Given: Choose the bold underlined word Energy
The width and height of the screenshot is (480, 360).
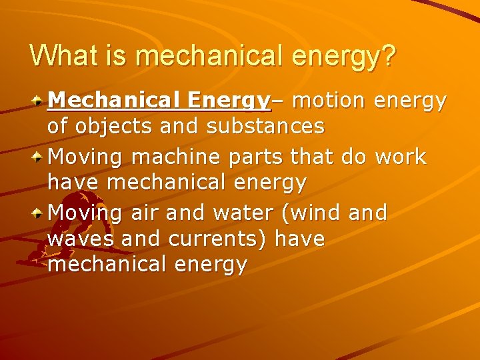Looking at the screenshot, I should [228, 101].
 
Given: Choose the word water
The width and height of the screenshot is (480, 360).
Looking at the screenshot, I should [244, 213].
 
